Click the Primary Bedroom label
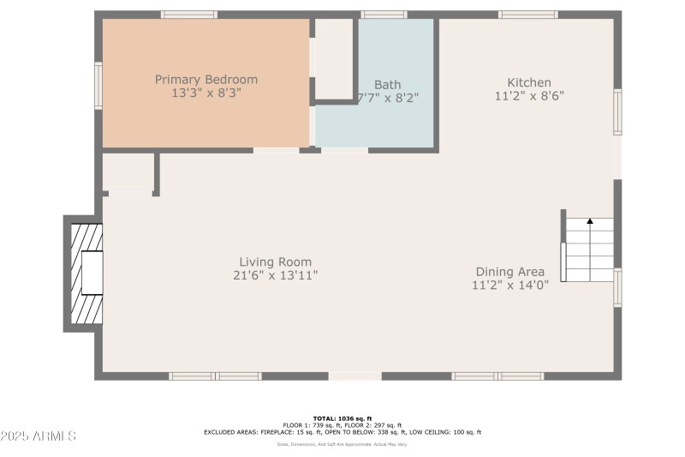[205, 80]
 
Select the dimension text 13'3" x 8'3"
[205, 93]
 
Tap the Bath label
[387, 85]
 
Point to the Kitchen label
[528, 82]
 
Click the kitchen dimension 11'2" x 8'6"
[528, 97]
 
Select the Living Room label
[275, 262]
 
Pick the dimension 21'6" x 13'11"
[275, 276]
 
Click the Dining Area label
[510, 272]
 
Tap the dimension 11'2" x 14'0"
[510, 286]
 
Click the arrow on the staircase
[590, 222]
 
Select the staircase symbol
[589, 249]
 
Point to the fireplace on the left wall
[84, 273]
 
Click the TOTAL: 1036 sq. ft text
[342, 418]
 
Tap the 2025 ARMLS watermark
[39, 436]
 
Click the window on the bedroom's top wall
[189, 15]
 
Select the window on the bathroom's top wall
[383, 15]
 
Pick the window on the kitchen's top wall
[528, 15]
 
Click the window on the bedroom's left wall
[98, 86]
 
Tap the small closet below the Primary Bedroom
[128, 173]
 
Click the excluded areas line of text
[342, 432]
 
